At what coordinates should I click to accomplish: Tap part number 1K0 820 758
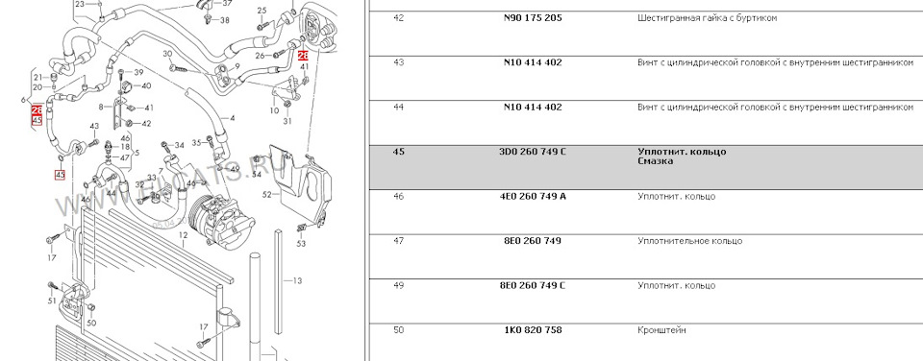(x=533, y=330)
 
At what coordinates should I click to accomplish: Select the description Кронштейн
(x=661, y=330)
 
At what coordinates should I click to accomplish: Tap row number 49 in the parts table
(x=398, y=285)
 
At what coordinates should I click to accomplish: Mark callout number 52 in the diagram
(x=266, y=195)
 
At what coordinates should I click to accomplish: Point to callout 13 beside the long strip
(x=298, y=280)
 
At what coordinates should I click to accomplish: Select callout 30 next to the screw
(x=167, y=54)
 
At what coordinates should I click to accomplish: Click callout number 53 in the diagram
(x=301, y=244)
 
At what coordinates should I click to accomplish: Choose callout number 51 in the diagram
(x=52, y=301)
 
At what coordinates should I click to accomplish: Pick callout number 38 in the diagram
(x=224, y=19)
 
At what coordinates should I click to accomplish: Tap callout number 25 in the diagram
(x=262, y=11)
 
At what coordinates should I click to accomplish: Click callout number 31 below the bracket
(x=287, y=121)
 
